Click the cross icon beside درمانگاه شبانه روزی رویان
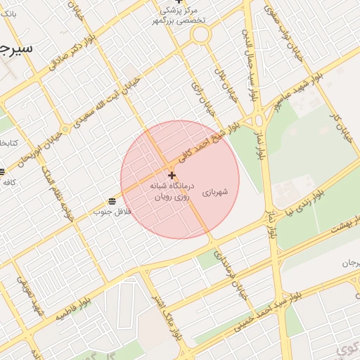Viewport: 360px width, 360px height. click(172, 174)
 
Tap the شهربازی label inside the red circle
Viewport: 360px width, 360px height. click(214, 191)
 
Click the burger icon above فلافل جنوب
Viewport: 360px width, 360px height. click(112, 202)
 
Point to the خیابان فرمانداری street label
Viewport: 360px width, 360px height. click(233, 275)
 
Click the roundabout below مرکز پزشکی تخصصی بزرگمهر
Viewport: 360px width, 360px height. click(200, 34)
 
